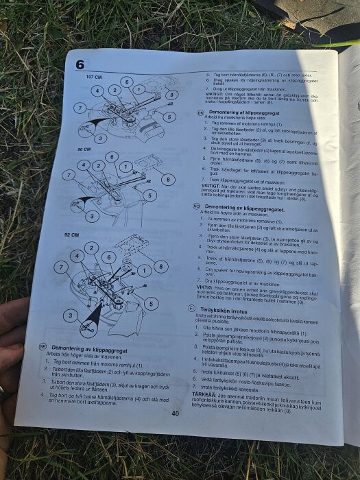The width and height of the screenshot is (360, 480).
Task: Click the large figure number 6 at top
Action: (x=80, y=65)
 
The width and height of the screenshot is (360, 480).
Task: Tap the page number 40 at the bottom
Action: (x=176, y=413)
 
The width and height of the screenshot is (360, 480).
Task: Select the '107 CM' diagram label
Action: (x=94, y=77)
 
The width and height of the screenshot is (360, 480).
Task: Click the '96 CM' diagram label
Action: (x=84, y=149)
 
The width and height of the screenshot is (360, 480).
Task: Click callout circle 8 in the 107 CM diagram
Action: (x=171, y=95)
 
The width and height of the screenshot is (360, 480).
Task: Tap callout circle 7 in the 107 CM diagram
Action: (x=80, y=108)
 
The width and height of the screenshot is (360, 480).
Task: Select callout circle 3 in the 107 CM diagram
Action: (x=101, y=138)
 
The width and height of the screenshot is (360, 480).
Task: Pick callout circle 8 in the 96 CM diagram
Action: (x=166, y=179)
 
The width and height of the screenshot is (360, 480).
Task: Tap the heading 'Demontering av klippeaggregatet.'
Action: (x=245, y=206)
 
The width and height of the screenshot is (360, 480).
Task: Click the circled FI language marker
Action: (x=192, y=310)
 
